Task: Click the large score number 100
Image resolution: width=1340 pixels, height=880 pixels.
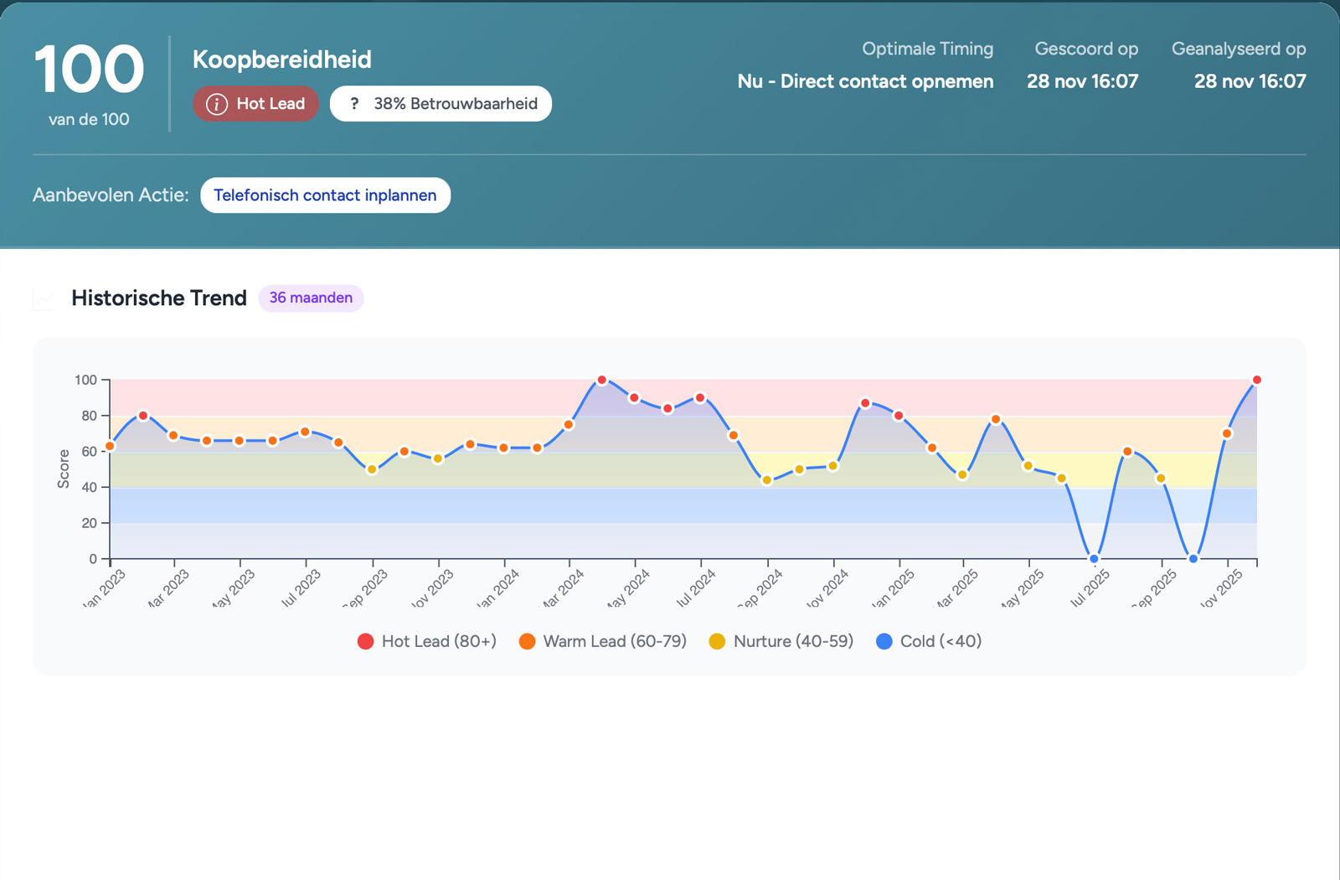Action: (x=89, y=70)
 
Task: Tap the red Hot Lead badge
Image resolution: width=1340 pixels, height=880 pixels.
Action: (x=255, y=104)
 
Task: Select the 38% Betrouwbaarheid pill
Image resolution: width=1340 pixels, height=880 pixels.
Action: (x=441, y=104)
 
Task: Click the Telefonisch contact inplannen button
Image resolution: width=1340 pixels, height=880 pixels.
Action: (x=325, y=195)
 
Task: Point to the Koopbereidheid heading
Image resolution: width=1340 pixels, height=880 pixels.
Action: (x=281, y=60)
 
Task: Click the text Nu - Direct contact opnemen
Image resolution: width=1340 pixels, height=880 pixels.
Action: (x=865, y=81)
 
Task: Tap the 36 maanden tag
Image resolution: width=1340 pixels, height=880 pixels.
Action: (x=311, y=298)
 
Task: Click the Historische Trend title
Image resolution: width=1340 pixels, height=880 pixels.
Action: (x=159, y=298)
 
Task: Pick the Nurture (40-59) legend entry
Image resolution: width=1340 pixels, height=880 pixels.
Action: (x=781, y=641)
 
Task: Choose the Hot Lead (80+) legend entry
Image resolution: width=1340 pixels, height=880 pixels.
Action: (x=426, y=641)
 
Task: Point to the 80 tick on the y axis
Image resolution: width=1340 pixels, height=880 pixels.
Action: (x=89, y=416)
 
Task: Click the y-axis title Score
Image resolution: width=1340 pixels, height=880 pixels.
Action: (x=64, y=468)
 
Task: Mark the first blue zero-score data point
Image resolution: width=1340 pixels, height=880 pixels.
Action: (x=1094, y=559)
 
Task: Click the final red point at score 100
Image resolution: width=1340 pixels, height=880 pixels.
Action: (x=1256, y=380)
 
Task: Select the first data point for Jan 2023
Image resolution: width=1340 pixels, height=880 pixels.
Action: (x=110, y=447)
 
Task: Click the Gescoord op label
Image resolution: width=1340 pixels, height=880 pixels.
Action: (x=1086, y=49)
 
